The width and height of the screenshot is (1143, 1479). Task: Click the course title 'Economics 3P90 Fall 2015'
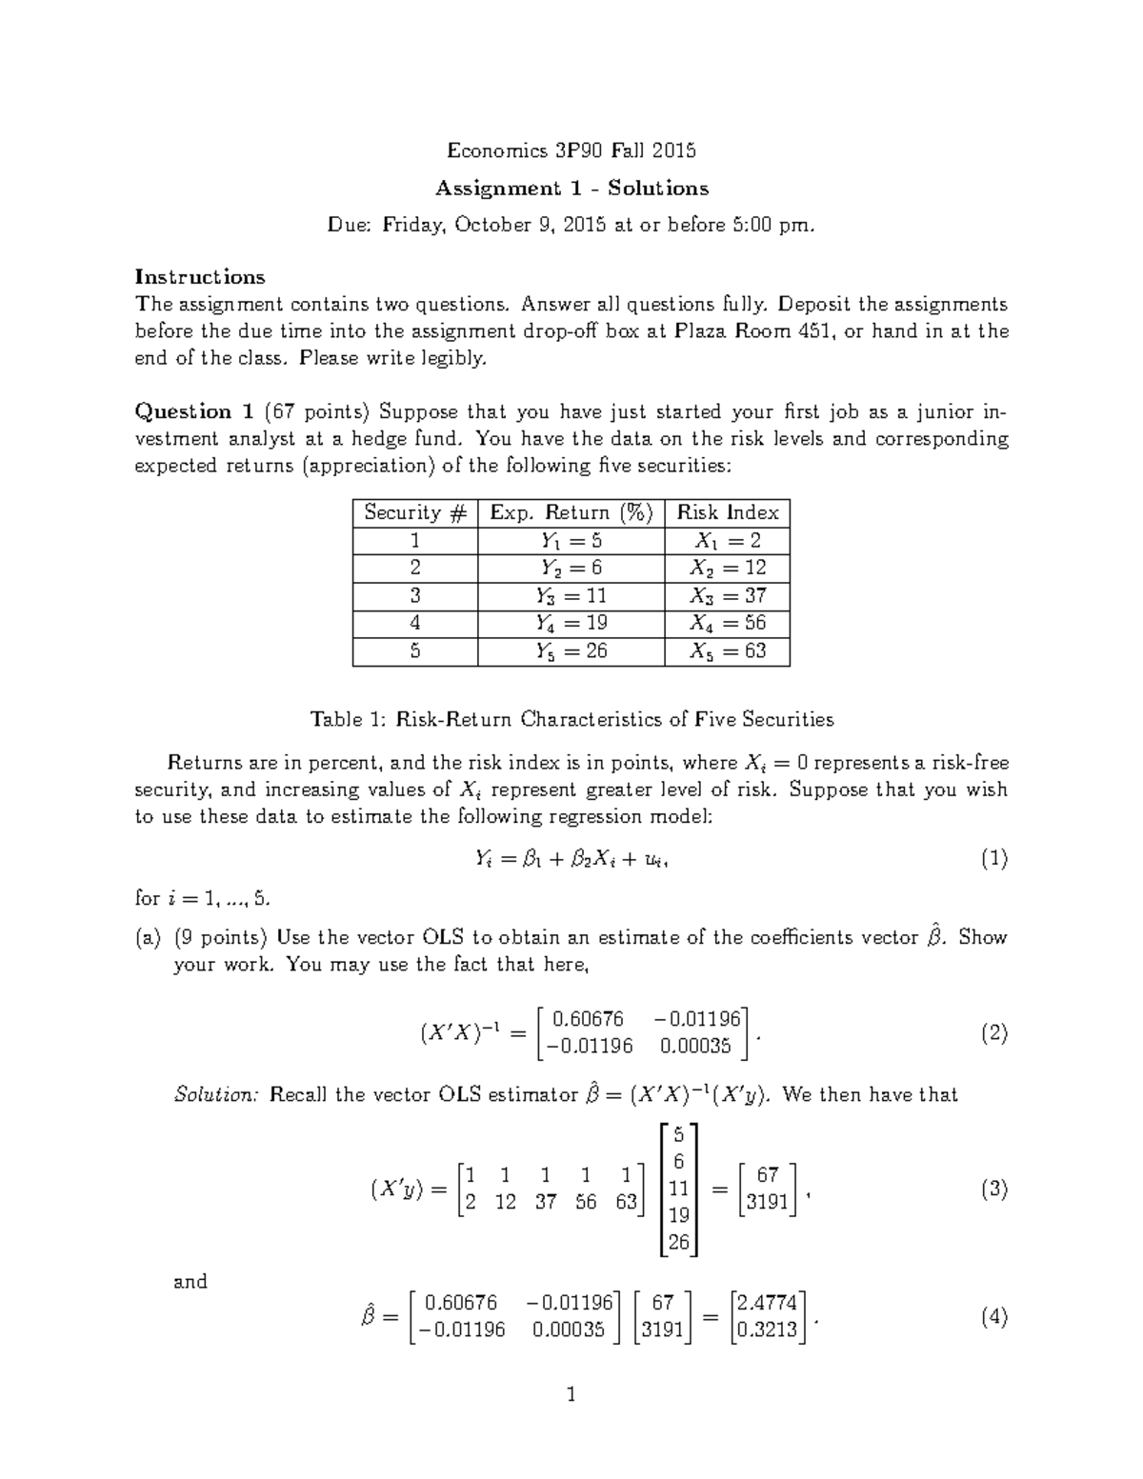pyautogui.click(x=571, y=150)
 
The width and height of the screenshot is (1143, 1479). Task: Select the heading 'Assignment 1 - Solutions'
pyautogui.click(x=571, y=188)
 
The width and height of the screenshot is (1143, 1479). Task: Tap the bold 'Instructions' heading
pyautogui.click(x=200, y=277)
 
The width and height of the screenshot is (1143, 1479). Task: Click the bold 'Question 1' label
pyautogui.click(x=194, y=411)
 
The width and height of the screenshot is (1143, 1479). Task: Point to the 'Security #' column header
pyautogui.click(x=414, y=512)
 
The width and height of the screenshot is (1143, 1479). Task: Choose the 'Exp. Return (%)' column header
pyautogui.click(x=571, y=512)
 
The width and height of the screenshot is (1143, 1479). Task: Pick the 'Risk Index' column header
pyautogui.click(x=728, y=512)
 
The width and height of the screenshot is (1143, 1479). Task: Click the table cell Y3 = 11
pyautogui.click(x=571, y=596)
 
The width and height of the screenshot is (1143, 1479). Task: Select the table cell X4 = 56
pyautogui.click(x=728, y=624)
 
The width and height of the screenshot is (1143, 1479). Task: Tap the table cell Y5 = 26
pyautogui.click(x=571, y=651)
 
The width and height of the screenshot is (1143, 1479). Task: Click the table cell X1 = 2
pyautogui.click(x=728, y=541)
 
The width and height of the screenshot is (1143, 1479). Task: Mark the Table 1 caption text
pyautogui.click(x=571, y=719)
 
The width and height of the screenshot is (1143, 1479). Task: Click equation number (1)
pyautogui.click(x=993, y=859)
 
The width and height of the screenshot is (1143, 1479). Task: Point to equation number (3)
pyautogui.click(x=993, y=1189)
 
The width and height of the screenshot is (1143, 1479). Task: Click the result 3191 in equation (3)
pyautogui.click(x=767, y=1202)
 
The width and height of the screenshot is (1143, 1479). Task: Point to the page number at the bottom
pyautogui.click(x=571, y=1395)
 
